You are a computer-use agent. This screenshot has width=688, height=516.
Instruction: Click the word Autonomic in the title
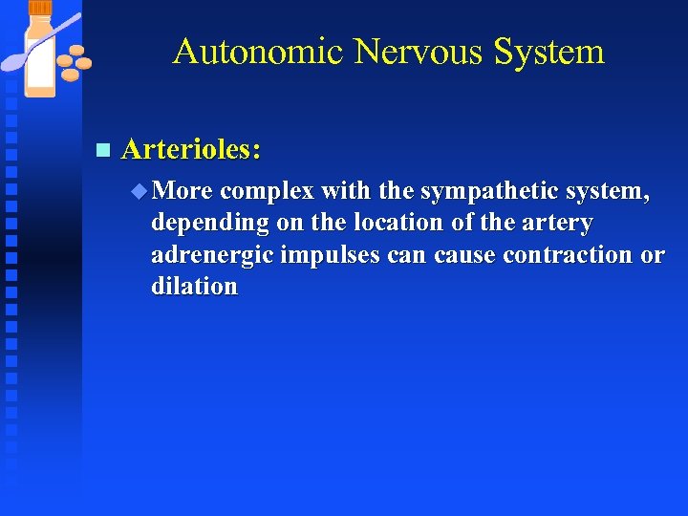(x=258, y=52)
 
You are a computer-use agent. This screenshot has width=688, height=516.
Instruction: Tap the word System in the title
(x=549, y=52)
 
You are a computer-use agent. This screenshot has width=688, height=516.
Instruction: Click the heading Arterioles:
(x=192, y=149)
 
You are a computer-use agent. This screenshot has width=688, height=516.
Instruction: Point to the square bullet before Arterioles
(x=103, y=150)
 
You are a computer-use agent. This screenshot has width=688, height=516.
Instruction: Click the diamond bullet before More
(x=140, y=191)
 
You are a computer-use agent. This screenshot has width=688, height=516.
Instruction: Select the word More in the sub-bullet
(x=183, y=191)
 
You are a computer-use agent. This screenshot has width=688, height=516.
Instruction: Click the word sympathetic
(x=490, y=191)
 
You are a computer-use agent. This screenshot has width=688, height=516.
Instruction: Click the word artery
(x=559, y=224)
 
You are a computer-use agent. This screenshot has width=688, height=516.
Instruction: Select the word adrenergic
(x=212, y=255)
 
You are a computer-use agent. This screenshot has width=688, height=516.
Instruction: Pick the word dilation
(x=194, y=287)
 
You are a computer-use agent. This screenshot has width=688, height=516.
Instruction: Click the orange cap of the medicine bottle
(x=40, y=8)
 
